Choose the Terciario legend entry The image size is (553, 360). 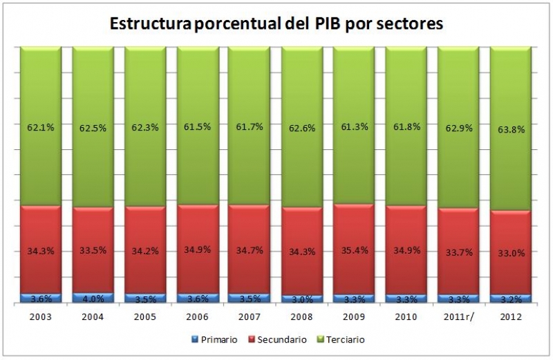coord(341,340)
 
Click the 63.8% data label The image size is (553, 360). coord(510,129)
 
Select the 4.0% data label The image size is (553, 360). coord(93,299)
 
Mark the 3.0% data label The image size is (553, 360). coord(302,300)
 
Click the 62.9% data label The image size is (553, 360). coord(458,127)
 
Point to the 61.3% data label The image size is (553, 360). coord(354,126)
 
